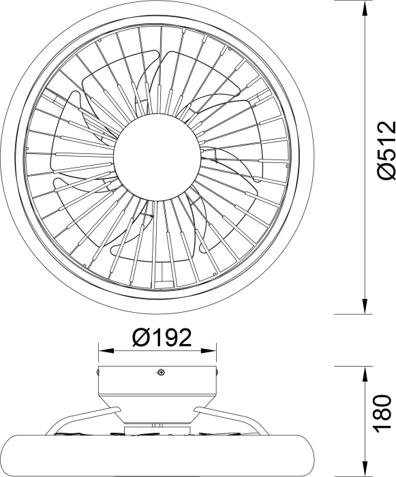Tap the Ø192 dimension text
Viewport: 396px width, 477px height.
[x=162, y=337]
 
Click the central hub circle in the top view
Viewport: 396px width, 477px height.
[x=157, y=157]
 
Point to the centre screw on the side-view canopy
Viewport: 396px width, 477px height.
[x=161, y=372]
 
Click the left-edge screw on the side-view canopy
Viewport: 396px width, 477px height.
[x=97, y=371]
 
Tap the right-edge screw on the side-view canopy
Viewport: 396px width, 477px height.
[x=217, y=371]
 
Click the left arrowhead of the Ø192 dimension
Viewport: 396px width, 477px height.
[x=106, y=351]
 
